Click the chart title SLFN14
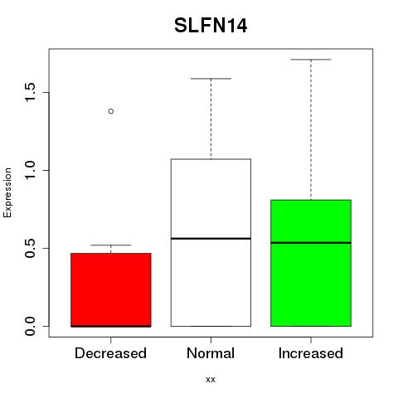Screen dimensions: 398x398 [x=211, y=26]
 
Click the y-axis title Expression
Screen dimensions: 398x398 [x=7, y=193]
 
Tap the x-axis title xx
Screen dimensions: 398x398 [x=211, y=380]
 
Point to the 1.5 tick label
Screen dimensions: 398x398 [x=30, y=92]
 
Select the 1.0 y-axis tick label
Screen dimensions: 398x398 [x=30, y=170]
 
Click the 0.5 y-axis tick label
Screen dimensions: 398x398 [x=30, y=248]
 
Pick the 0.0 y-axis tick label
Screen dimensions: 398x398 [x=30, y=326]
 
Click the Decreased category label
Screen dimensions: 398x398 [x=110, y=353]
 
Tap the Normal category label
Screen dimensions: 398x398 [x=211, y=353]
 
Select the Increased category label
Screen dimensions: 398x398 [x=311, y=353]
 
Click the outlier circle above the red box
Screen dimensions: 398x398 [x=111, y=111]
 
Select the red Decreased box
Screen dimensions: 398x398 [x=111, y=290]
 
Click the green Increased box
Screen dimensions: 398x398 [x=311, y=263]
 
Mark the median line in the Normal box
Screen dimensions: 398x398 [x=211, y=238]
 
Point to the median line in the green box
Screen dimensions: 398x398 [x=311, y=243]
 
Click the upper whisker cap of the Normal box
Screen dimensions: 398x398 [x=211, y=79]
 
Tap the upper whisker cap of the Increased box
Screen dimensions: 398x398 [x=311, y=60]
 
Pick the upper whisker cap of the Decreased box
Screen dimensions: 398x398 [x=111, y=245]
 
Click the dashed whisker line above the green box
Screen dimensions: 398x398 [x=311, y=129]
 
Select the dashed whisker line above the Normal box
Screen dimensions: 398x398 [x=211, y=119]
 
